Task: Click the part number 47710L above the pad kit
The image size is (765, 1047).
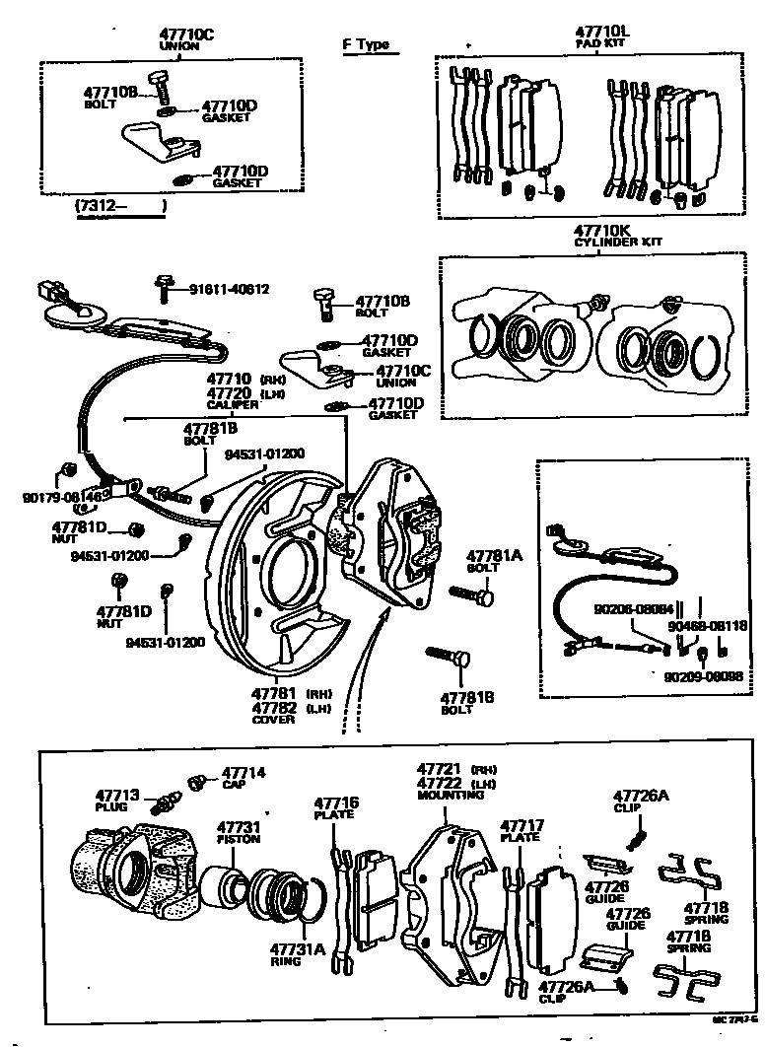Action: click(601, 33)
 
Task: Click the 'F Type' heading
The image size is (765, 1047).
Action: click(365, 44)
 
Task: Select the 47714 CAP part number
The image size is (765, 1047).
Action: click(243, 773)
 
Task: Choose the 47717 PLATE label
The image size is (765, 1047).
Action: click(521, 825)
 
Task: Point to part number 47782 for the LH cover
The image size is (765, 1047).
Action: click(273, 707)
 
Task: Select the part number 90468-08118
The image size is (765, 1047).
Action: click(707, 625)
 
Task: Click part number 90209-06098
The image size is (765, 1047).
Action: click(703, 675)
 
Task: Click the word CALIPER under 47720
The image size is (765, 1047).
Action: click(232, 404)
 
